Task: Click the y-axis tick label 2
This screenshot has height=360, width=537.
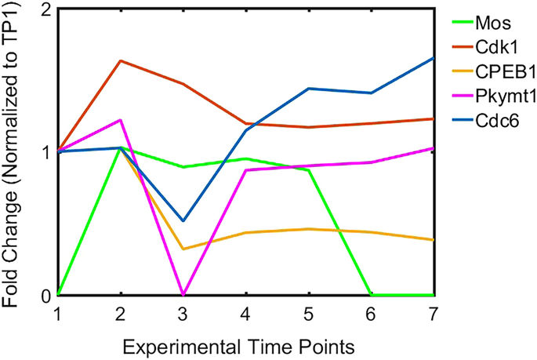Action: (45, 11)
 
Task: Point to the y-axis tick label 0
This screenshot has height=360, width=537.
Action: (45, 296)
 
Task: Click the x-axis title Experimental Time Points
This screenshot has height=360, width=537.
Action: (245, 344)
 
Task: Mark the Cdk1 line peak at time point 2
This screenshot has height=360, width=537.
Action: (120, 60)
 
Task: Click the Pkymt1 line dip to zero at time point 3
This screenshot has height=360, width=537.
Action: (183, 295)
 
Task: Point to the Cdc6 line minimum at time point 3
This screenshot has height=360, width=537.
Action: (183, 221)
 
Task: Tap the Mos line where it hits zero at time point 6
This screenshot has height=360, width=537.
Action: (372, 295)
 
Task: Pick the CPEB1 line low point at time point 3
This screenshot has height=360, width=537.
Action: (183, 249)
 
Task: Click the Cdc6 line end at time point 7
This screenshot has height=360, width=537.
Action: (434, 57)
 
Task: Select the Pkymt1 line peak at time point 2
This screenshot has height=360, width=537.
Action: (120, 120)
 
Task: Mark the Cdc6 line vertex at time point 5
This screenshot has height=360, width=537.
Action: (309, 89)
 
